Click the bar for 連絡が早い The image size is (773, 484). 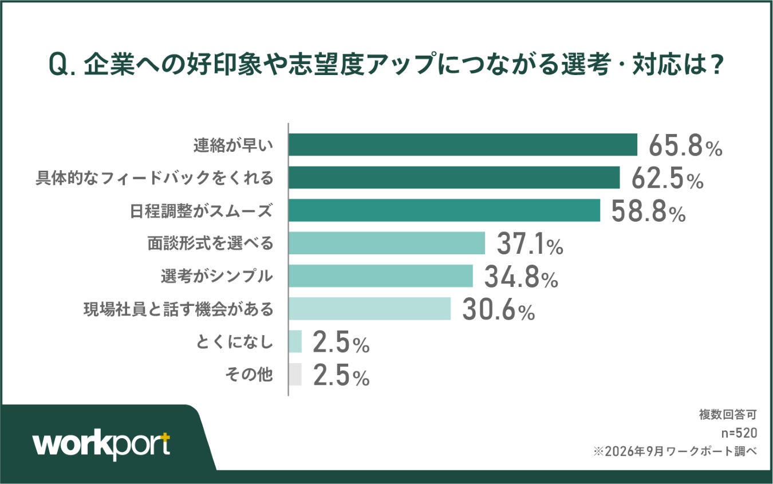[463, 145]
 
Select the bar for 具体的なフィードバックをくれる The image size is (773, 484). [455, 178]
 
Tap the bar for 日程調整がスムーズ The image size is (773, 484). [444, 210]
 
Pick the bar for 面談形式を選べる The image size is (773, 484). [387, 243]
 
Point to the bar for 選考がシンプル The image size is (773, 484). [381, 276]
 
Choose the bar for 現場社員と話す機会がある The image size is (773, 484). [370, 309]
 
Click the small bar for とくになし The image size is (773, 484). [295, 341]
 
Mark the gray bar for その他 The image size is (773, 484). [295, 374]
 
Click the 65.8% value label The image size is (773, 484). [685, 146]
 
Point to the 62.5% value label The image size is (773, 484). [668, 179]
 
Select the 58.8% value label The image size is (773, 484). [648, 211]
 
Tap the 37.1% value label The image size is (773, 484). [530, 244]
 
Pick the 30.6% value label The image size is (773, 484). [499, 310]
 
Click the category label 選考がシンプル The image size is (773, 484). [217, 276]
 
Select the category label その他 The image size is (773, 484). [249, 375]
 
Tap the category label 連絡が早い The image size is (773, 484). [233, 145]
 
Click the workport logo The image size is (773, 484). [101, 444]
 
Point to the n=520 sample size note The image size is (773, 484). [739, 433]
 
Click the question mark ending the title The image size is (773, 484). [716, 64]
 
